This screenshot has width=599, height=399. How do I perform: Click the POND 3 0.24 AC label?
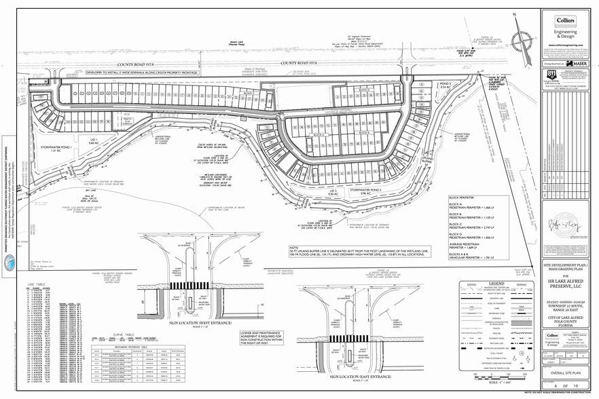426,85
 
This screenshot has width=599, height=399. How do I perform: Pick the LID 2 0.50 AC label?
333,193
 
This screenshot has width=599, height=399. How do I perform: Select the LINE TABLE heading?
38,284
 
